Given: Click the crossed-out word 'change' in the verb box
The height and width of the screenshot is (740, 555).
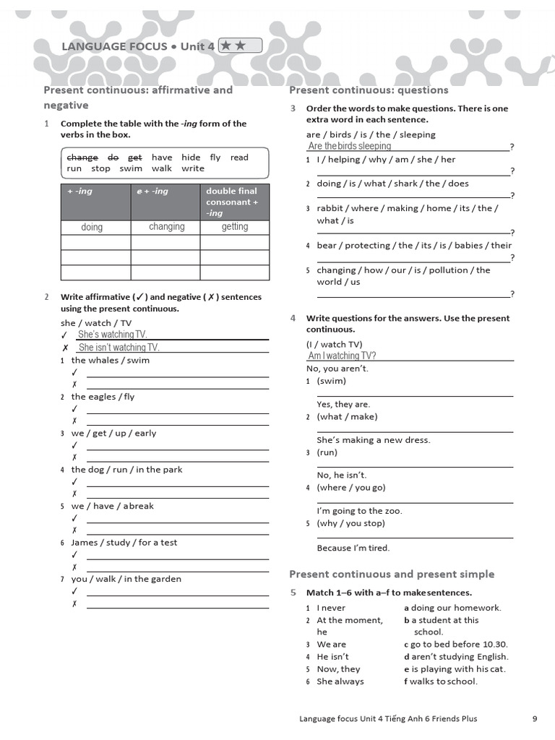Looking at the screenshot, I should tap(82, 158).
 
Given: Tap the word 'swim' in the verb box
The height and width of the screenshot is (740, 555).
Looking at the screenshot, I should tap(131, 168).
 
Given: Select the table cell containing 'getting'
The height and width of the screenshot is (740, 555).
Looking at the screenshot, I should tap(234, 227).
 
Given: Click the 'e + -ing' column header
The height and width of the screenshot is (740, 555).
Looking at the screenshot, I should tap(152, 192).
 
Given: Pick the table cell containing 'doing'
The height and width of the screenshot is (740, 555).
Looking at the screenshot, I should tap(92, 227).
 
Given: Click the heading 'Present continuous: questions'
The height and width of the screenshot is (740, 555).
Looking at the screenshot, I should tap(369, 90).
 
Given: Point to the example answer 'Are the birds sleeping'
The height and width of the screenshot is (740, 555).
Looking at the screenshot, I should tap(349, 146).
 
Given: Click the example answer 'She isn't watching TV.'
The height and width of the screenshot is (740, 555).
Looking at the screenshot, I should tap(119, 348).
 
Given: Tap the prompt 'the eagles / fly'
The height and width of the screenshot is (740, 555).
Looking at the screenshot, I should tap(103, 397).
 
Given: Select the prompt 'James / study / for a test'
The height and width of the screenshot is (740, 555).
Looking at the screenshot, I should tap(124, 543).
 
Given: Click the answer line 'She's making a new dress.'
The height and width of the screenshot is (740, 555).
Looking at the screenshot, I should tap(373, 440).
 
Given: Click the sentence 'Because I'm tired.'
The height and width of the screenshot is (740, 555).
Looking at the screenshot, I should tap(353, 548).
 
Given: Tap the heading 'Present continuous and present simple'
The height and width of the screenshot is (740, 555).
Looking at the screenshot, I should tap(392, 575).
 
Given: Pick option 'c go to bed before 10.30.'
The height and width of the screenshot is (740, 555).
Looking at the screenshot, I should tap(455, 645).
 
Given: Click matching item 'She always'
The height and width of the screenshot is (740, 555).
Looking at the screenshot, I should tap(340, 681).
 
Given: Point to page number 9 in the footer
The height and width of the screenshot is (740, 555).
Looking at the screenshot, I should tap(535, 718).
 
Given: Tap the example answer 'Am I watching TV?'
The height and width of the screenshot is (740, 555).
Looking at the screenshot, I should tap(342, 356).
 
